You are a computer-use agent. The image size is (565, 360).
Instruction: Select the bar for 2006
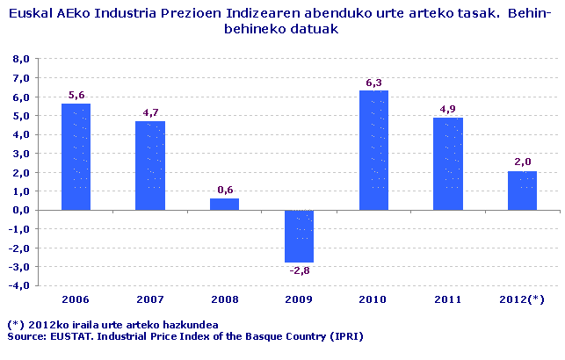[x=76, y=156]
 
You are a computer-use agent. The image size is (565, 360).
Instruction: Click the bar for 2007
[x=150, y=165]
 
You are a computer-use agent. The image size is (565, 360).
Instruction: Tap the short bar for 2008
[x=224, y=204]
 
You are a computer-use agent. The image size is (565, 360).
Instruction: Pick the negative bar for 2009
[x=300, y=236]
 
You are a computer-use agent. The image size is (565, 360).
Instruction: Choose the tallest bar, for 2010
[x=374, y=150]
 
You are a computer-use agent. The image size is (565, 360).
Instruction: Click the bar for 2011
[x=448, y=163]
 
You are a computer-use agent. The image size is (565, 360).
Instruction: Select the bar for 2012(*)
[x=523, y=191]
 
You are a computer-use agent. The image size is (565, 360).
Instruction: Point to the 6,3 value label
[x=374, y=83]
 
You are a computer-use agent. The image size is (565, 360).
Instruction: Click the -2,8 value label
[x=299, y=270]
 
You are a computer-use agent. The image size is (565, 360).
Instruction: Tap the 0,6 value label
[x=224, y=191]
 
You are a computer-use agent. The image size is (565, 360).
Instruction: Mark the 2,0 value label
[x=523, y=163]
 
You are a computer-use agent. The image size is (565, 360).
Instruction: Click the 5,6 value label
[x=76, y=96]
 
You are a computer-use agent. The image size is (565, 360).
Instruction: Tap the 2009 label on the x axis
[x=300, y=299]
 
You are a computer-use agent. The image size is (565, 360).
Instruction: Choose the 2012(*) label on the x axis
[x=523, y=299]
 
